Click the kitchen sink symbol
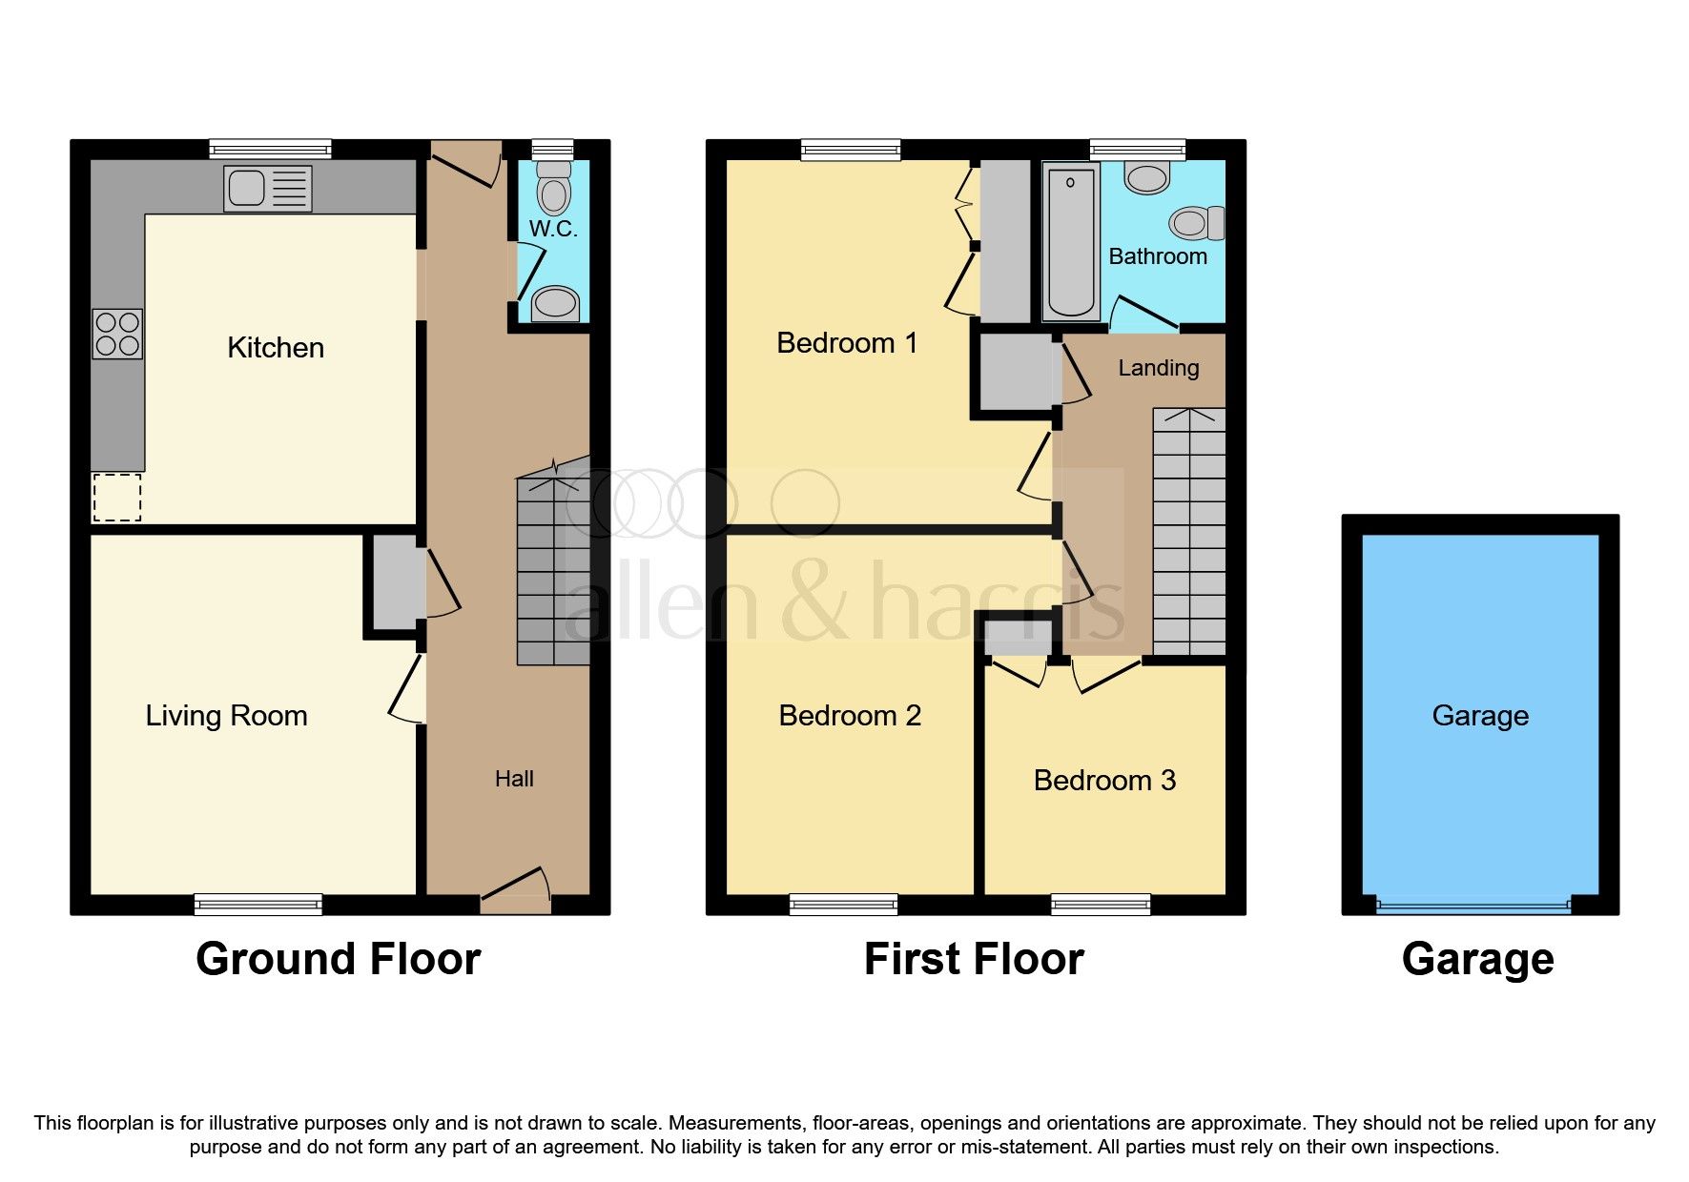[268, 188]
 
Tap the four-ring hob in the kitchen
[117, 335]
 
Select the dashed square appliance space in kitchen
[117, 498]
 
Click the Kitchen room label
[276, 348]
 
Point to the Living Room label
[226, 716]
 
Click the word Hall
[514, 779]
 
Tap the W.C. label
[553, 229]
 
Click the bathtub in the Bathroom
[1070, 240]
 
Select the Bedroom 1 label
[847, 343]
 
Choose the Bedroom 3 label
[1104, 781]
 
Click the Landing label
[1158, 368]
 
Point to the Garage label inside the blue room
[1480, 716]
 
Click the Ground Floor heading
[338, 959]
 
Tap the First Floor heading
[974, 959]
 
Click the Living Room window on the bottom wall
[257, 904]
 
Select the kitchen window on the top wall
[270, 149]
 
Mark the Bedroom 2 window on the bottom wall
[843, 904]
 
